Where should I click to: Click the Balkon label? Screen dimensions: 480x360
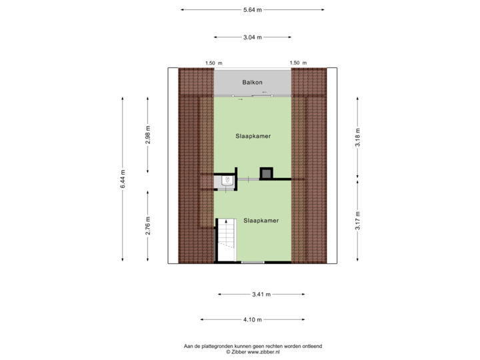click(252, 82)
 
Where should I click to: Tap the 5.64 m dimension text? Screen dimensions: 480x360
click(253, 10)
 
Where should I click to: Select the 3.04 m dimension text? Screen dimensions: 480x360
click(253, 37)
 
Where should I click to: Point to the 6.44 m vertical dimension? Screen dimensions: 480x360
click(123, 179)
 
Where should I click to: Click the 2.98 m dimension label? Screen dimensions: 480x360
click(148, 135)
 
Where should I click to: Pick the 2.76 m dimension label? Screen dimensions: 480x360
click(148, 225)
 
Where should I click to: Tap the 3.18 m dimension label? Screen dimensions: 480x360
click(357, 137)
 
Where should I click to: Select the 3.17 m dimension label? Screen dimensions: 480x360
click(357, 221)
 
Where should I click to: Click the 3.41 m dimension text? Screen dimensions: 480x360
click(261, 295)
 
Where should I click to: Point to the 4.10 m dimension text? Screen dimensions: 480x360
click(253, 319)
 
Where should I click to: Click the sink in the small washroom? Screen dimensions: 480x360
click(227, 180)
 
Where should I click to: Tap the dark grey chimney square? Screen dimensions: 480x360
click(266, 173)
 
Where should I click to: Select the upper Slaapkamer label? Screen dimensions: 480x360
click(253, 136)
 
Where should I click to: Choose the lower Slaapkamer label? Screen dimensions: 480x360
click(261, 221)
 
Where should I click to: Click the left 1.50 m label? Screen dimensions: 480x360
click(214, 63)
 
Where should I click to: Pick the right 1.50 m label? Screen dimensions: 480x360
click(298, 63)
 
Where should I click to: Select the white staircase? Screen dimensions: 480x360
click(227, 240)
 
